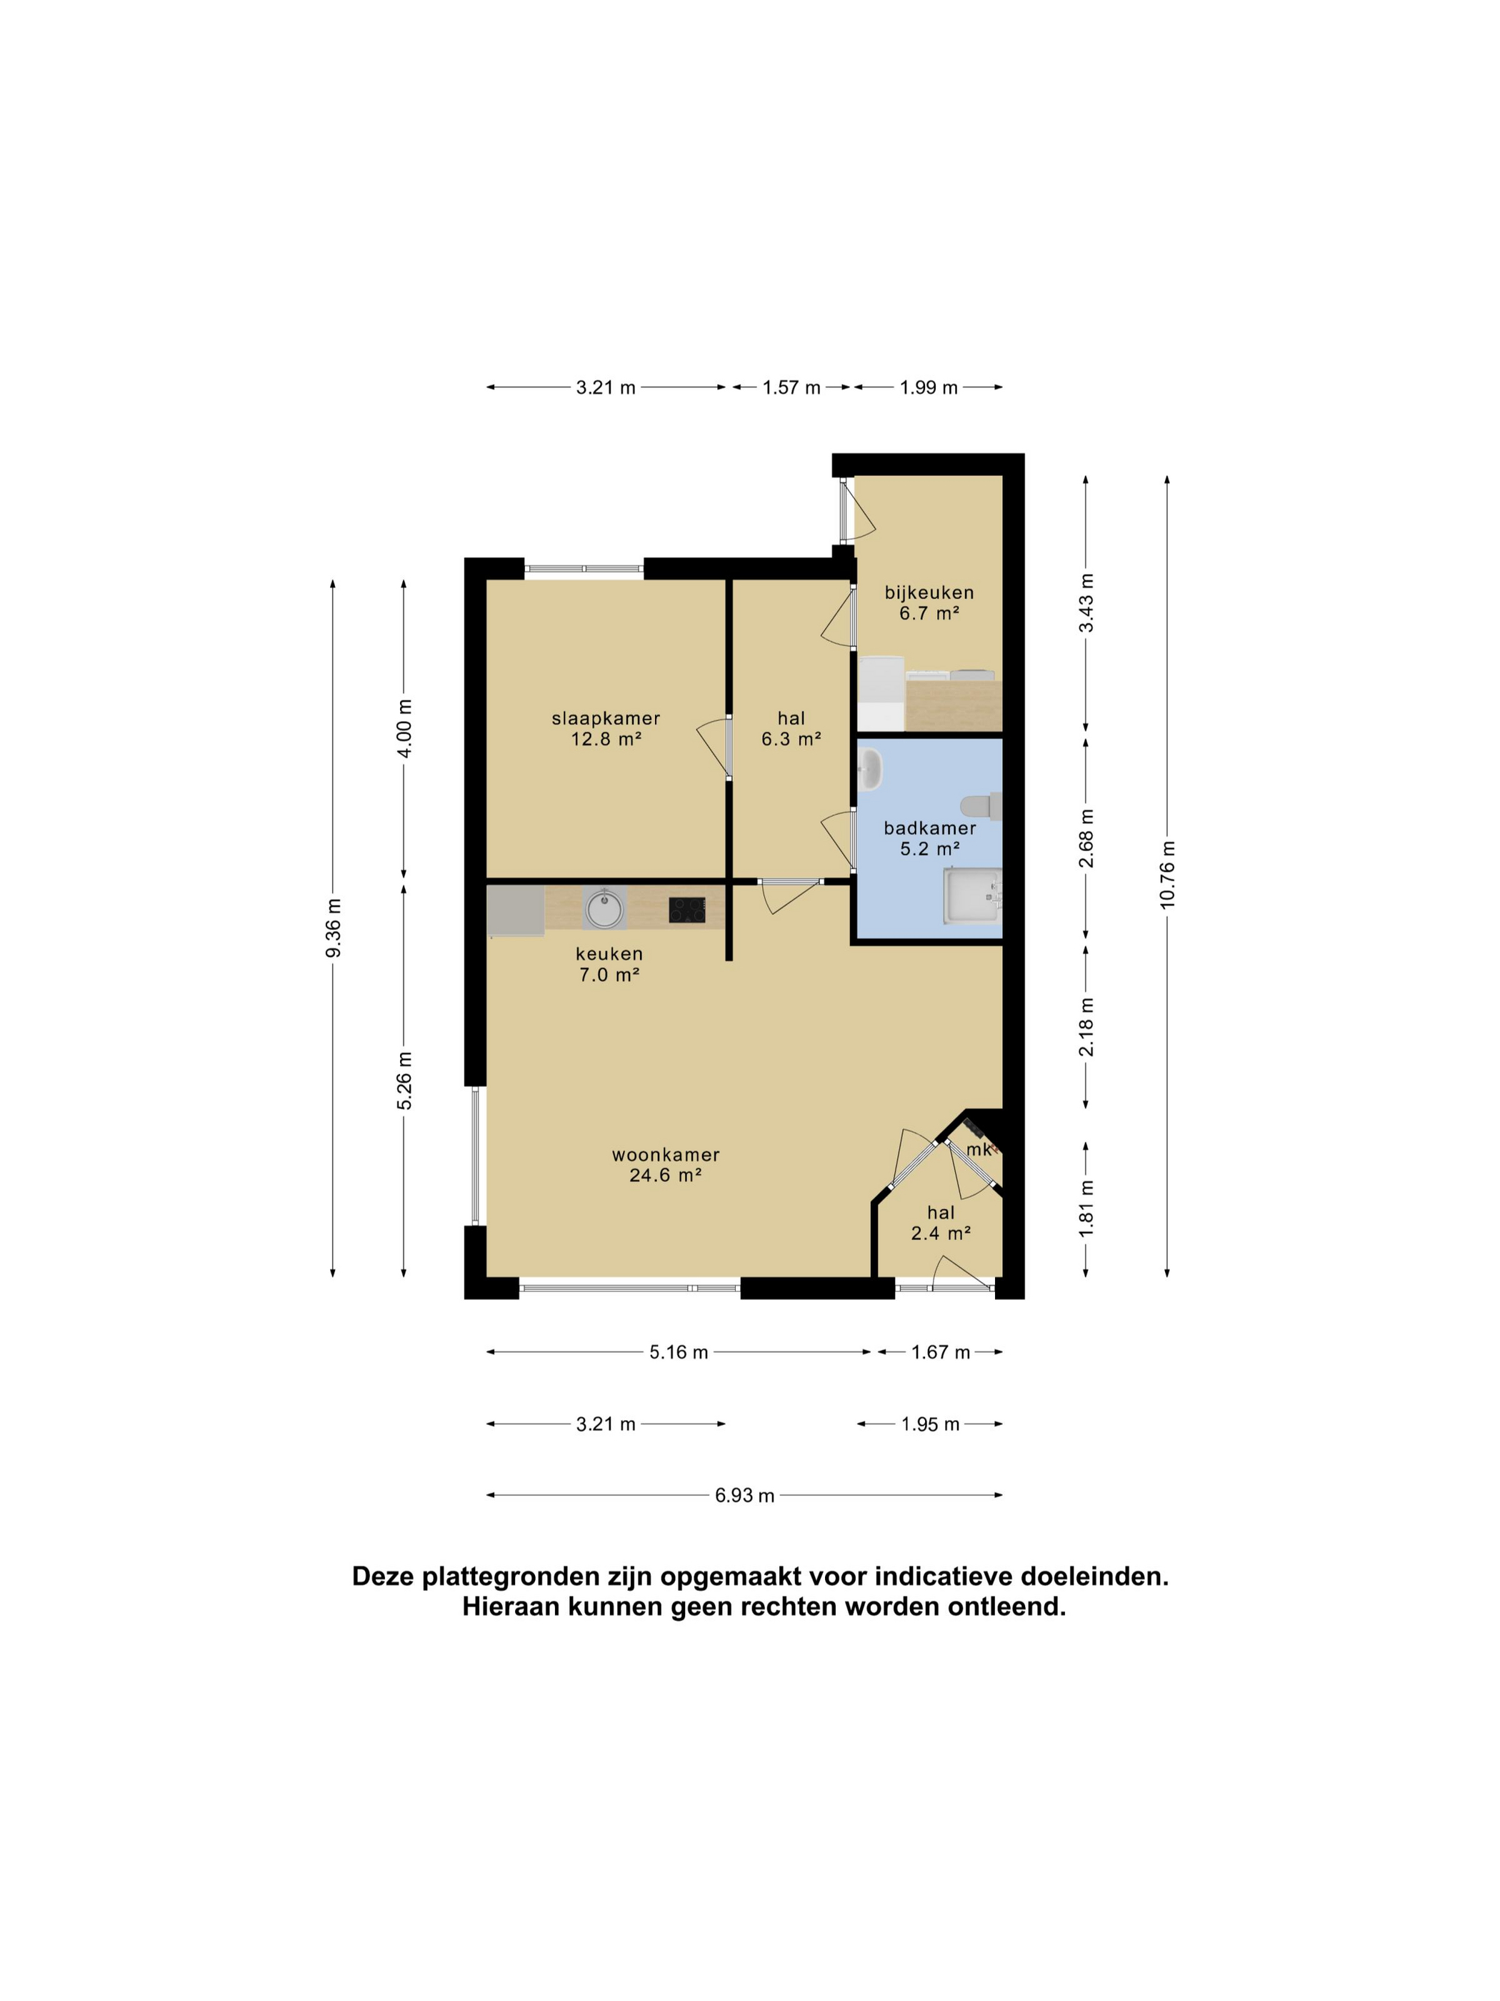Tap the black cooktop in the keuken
click(687, 909)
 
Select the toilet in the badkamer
click(981, 806)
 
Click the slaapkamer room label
click(606, 728)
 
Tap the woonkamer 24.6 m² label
click(666, 1164)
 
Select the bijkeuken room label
click(929, 602)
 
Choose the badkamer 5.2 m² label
click(929, 838)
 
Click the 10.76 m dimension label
click(1167, 875)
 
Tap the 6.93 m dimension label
click(745, 1495)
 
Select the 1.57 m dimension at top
click(791, 388)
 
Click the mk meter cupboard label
click(979, 1150)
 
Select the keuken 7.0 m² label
click(609, 963)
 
